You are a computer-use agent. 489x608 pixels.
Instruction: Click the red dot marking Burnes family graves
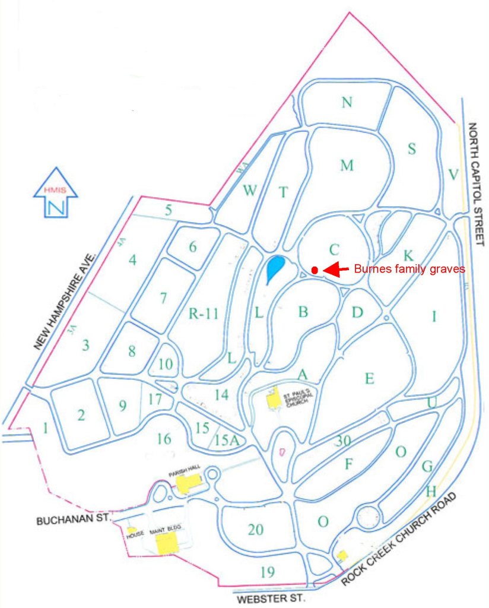(315, 270)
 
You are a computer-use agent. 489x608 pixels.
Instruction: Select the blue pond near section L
(274, 268)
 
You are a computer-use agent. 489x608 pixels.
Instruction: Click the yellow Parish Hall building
(188, 483)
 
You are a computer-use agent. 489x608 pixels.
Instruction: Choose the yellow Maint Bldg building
(166, 542)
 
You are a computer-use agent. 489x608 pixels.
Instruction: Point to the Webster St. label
(271, 599)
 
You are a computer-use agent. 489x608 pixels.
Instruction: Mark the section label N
(347, 103)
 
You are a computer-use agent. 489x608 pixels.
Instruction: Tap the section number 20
(255, 530)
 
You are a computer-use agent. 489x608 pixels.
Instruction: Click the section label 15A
(226, 441)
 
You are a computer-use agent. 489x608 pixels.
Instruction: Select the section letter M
(347, 166)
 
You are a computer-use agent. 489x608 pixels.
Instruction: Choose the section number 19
(268, 572)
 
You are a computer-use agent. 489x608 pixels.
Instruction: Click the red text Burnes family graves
(409, 269)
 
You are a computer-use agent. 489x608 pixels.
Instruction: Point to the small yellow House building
(132, 529)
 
